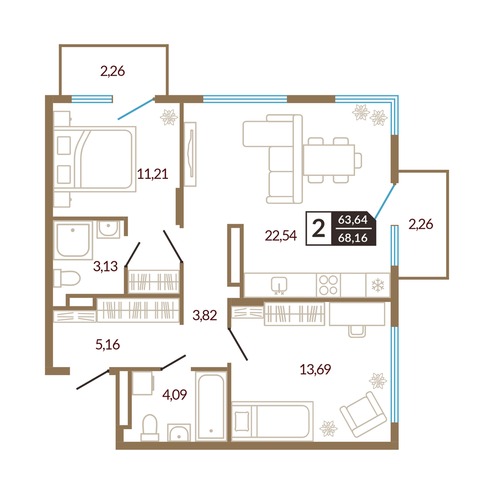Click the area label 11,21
click(x=153, y=174)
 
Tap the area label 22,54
click(x=281, y=236)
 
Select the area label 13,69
click(x=315, y=369)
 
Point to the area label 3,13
click(x=105, y=267)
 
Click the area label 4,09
click(x=174, y=394)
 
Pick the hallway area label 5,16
click(x=107, y=345)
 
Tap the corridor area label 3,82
click(x=205, y=315)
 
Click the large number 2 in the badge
click(x=318, y=228)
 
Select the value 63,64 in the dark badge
click(x=353, y=220)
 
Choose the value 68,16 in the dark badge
click(x=353, y=238)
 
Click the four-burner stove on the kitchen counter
click(x=329, y=285)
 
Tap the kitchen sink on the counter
click(x=279, y=285)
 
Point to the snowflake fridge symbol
click(x=378, y=286)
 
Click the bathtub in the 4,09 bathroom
click(x=211, y=406)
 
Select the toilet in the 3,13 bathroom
click(x=67, y=278)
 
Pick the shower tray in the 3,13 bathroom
click(x=73, y=240)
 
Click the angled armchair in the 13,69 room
click(x=363, y=414)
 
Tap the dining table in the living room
click(x=329, y=160)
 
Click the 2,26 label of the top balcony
click(x=113, y=71)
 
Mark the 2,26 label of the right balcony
click(x=420, y=224)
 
